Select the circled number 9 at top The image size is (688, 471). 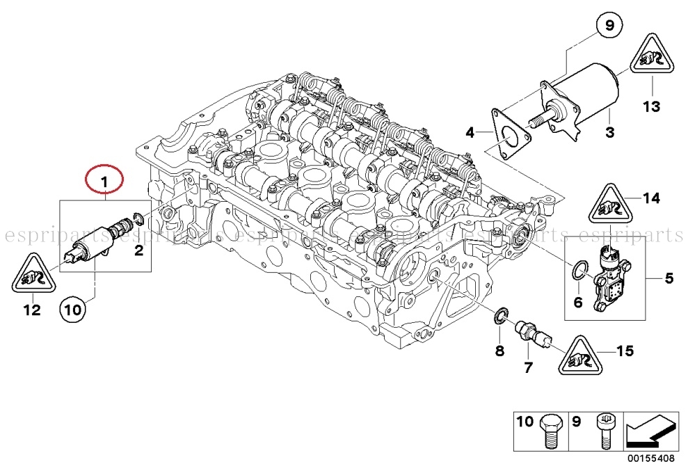609,27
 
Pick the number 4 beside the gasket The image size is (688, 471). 471,131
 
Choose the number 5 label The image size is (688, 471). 669,279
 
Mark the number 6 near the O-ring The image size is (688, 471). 577,302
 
